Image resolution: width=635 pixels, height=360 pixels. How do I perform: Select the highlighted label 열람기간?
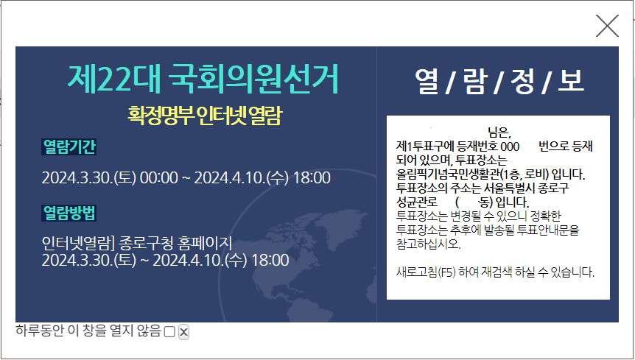click(x=69, y=147)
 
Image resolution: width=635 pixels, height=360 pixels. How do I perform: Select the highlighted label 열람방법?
click(x=69, y=213)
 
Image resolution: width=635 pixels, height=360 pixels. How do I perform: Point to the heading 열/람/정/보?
click(x=499, y=81)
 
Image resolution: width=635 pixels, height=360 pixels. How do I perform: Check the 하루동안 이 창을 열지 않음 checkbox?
click(x=169, y=332)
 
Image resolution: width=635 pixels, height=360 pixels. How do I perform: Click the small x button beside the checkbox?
click(x=183, y=332)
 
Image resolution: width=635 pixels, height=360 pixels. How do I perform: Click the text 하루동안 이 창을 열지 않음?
click(x=88, y=332)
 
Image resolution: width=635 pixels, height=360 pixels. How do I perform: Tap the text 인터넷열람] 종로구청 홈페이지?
click(x=137, y=242)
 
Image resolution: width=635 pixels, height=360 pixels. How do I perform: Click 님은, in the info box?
click(x=499, y=133)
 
